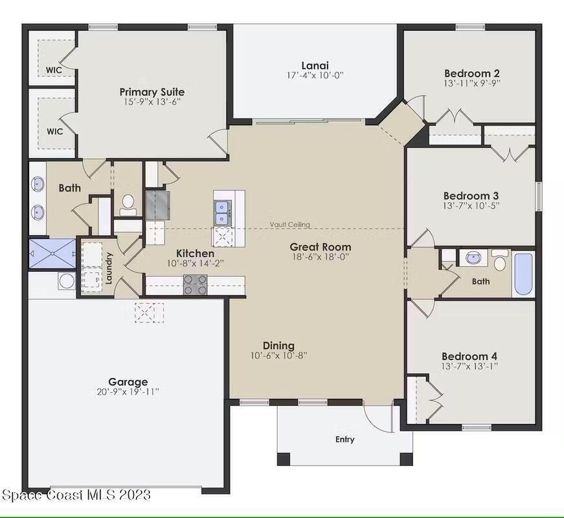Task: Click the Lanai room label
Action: click(315, 65)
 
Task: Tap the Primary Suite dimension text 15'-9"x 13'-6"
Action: click(152, 102)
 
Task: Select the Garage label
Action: click(128, 381)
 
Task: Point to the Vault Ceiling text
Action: click(290, 225)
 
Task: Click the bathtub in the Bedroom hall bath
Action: click(523, 269)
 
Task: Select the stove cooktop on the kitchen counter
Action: click(196, 284)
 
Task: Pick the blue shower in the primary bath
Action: click(52, 254)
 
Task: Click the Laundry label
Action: click(109, 268)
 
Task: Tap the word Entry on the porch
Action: click(345, 439)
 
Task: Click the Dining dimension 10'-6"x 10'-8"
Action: click(279, 355)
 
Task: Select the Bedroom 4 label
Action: click(469, 356)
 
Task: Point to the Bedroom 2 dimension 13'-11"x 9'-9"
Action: click(472, 83)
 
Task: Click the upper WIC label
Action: click(54, 70)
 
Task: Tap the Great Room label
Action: click(321, 247)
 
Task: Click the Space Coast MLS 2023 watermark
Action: click(76, 495)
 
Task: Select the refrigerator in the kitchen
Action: click(157, 205)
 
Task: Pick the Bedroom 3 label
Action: click(471, 196)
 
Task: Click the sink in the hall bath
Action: click(472, 258)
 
